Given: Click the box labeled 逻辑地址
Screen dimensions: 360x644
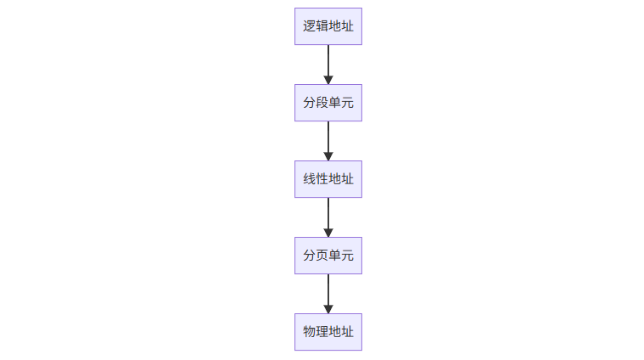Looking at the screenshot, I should point(328,26).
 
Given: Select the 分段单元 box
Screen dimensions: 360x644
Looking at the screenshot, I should point(328,103).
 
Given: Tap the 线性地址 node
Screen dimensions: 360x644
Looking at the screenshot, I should point(328,179).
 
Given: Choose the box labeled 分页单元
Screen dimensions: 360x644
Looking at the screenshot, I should point(328,256).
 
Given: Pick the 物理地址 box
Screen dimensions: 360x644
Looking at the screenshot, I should point(328,332).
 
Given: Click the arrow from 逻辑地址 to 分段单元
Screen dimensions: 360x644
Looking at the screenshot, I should point(328,61).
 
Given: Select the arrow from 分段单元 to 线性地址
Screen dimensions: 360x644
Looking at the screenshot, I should point(328,138).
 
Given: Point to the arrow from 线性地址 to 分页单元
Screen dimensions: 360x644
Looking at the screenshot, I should point(328,214).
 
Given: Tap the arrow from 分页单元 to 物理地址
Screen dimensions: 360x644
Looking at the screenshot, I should point(328,290).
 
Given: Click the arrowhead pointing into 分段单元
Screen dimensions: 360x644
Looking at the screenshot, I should point(328,80).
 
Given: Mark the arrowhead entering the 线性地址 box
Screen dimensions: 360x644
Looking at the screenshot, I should point(328,156).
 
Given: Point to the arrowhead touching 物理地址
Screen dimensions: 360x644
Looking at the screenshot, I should point(328,309).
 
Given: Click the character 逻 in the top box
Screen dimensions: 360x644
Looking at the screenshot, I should point(310,26).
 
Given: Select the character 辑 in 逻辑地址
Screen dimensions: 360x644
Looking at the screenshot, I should point(322,26).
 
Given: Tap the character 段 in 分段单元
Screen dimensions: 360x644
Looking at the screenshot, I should point(322,103).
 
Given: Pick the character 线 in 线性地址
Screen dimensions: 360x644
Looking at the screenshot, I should point(310,179).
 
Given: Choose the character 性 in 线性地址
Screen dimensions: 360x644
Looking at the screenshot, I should point(322,179).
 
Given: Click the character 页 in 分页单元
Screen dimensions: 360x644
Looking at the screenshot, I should point(322,256).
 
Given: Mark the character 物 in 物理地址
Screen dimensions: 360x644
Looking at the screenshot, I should point(310,332).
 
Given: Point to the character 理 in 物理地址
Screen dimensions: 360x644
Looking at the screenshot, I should point(322,332).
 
